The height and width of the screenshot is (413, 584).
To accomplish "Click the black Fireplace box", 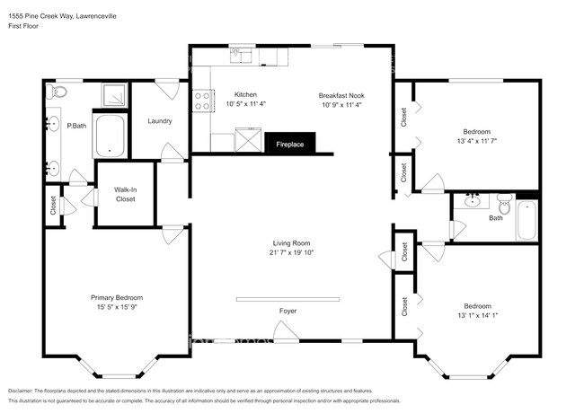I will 289,144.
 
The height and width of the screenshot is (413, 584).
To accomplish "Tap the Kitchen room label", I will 246,95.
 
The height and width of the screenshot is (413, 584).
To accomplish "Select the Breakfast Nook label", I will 346,95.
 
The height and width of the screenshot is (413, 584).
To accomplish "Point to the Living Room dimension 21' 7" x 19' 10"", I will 292,253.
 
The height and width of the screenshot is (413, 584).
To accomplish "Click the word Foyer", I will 287,311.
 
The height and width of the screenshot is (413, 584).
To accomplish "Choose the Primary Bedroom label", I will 117,297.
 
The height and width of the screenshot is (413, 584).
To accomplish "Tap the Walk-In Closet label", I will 125,194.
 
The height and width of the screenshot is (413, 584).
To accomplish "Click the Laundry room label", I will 160,121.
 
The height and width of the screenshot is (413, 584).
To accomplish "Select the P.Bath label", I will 76,126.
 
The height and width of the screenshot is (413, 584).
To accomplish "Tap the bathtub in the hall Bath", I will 526,221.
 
